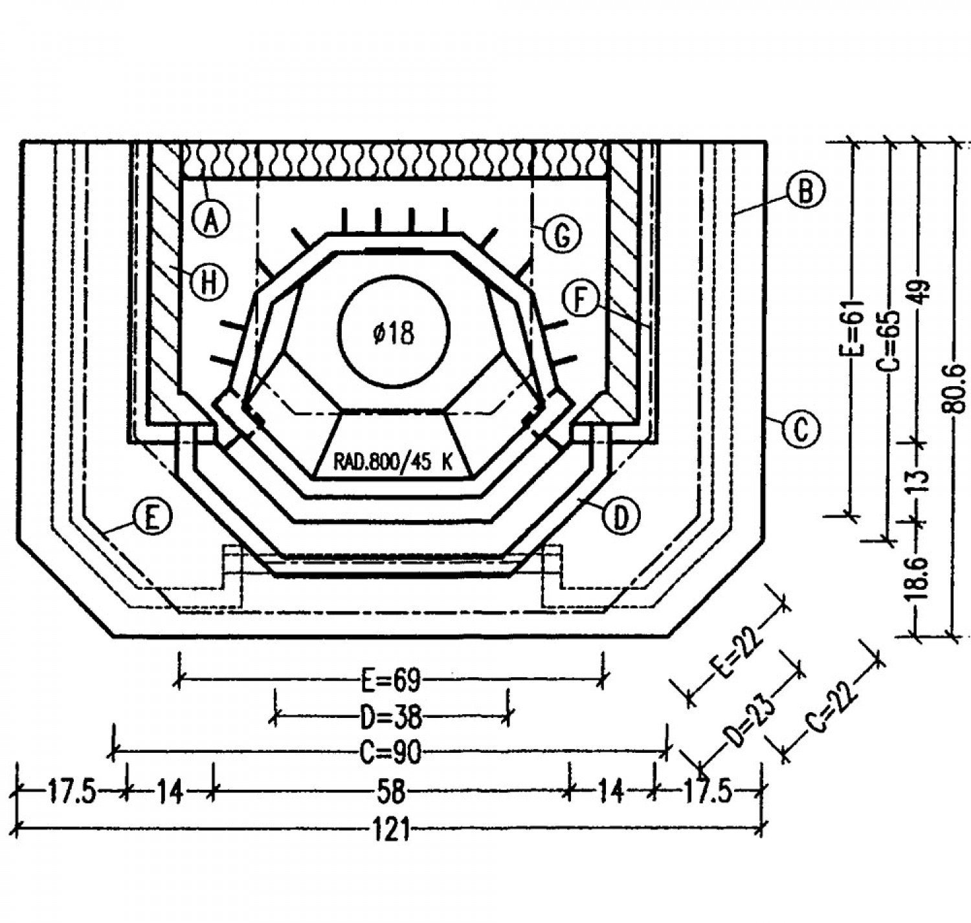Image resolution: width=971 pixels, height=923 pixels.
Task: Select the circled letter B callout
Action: [805, 191]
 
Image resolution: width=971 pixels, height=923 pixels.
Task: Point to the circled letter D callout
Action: [621, 517]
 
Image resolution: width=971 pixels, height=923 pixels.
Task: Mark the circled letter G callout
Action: [562, 235]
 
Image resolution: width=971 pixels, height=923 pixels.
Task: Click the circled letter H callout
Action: [209, 283]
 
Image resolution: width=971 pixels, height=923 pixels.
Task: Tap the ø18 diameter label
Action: [393, 334]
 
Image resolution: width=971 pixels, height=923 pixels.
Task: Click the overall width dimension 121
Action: [392, 829]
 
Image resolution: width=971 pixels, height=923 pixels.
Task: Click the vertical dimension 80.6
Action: [955, 388]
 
